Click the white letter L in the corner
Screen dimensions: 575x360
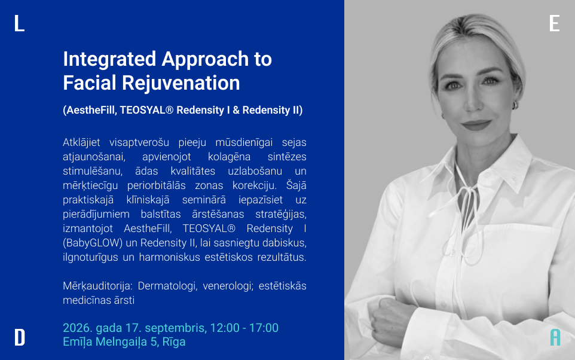[x=19, y=23]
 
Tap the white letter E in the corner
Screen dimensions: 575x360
[x=555, y=23]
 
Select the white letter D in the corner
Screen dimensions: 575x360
[x=20, y=337]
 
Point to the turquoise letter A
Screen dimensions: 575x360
[x=555, y=337]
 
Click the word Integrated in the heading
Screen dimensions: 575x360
[x=109, y=59]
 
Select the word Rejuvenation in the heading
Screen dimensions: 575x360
[x=181, y=83]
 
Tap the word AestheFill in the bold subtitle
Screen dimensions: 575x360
[x=90, y=110]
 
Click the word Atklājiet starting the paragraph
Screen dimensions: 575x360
[x=81, y=142]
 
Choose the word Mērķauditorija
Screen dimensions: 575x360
[x=97, y=286]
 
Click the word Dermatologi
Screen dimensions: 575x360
[x=167, y=286]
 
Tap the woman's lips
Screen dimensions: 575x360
[x=476, y=125]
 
